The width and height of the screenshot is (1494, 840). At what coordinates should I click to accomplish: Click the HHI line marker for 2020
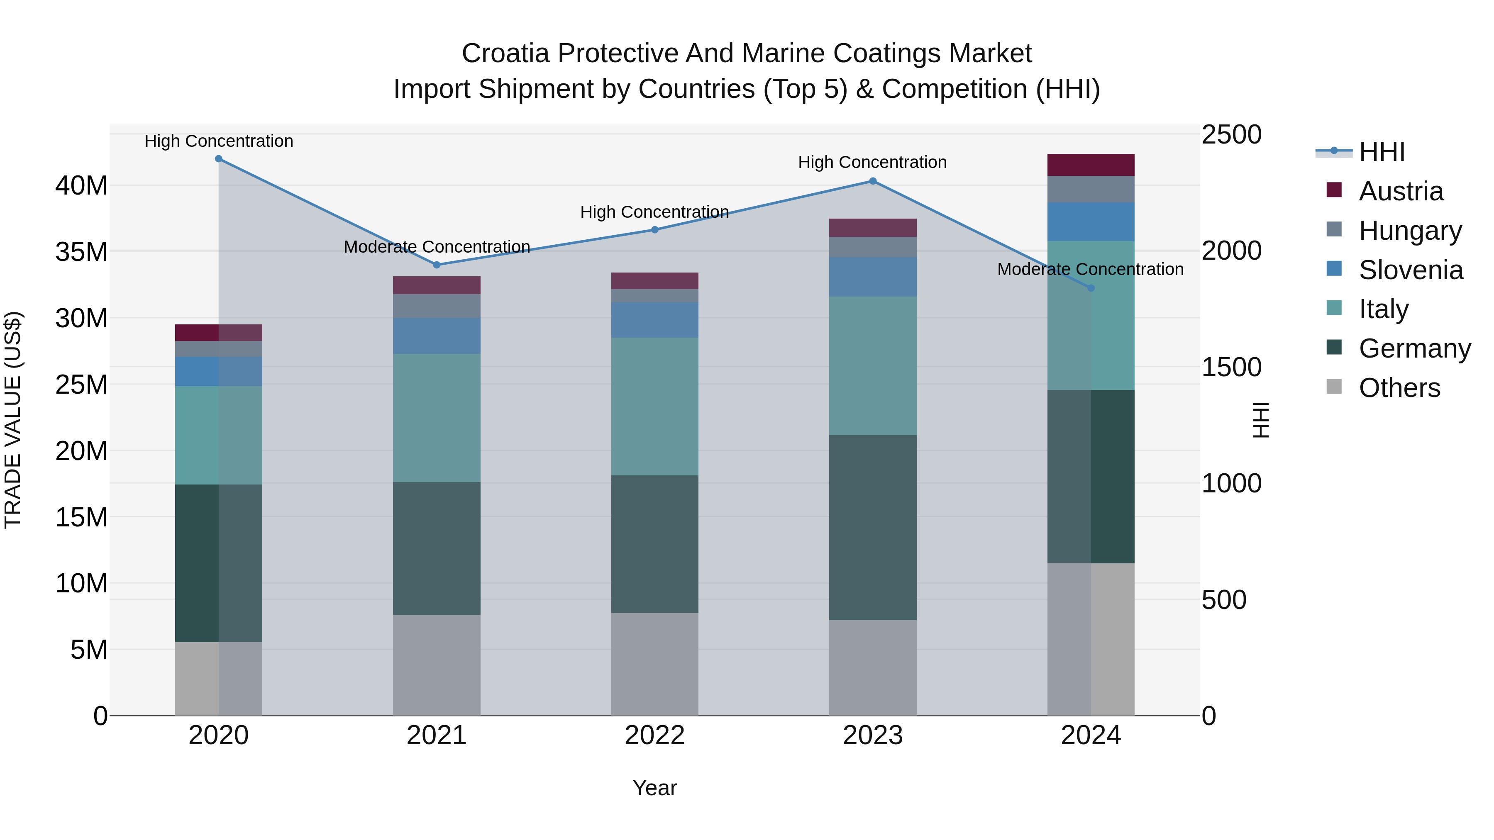click(219, 159)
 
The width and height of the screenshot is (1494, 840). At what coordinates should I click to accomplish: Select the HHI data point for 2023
click(873, 181)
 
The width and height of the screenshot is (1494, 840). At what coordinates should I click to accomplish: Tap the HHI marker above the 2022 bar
click(655, 230)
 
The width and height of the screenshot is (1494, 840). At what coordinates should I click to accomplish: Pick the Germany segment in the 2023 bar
click(873, 528)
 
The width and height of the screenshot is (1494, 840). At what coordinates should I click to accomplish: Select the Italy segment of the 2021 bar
click(437, 418)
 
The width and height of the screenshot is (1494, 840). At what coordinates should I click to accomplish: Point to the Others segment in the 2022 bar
click(655, 665)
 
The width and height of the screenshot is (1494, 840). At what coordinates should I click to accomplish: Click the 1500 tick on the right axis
click(1231, 367)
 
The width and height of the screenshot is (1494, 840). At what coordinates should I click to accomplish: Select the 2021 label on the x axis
click(437, 735)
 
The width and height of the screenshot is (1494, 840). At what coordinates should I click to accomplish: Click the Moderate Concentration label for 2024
click(1090, 270)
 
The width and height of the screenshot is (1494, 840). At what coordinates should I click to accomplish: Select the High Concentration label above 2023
click(872, 162)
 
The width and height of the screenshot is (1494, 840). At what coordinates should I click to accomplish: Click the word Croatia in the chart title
click(505, 54)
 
